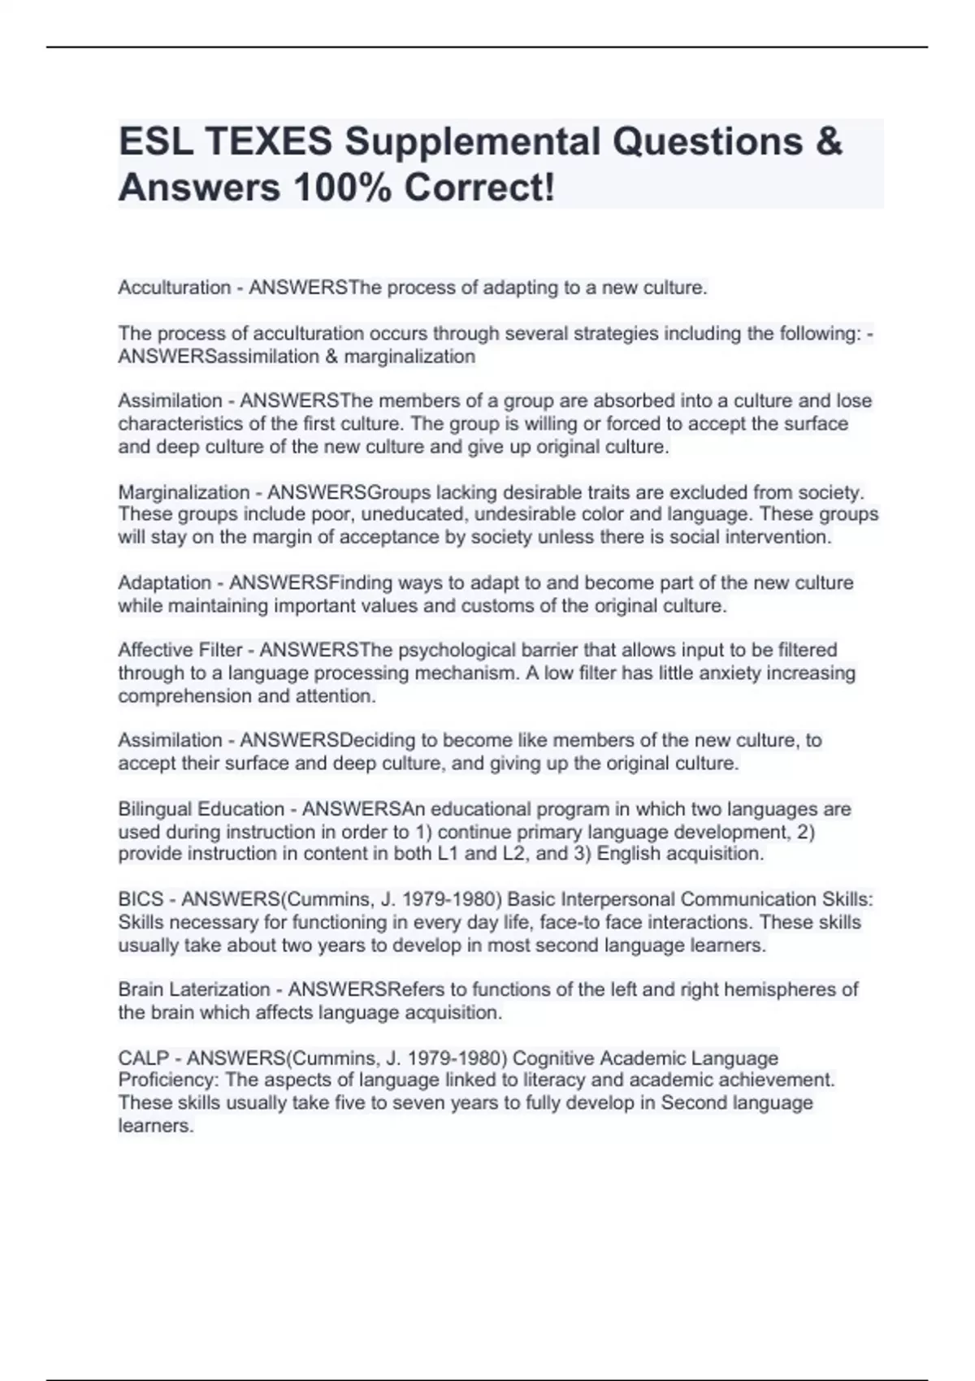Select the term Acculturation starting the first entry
174,288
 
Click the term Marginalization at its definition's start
184,492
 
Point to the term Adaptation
164,583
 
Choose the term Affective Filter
180,650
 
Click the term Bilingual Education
201,809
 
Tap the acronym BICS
141,899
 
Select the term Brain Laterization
193,989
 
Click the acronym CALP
143,1058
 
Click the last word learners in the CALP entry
155,1126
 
